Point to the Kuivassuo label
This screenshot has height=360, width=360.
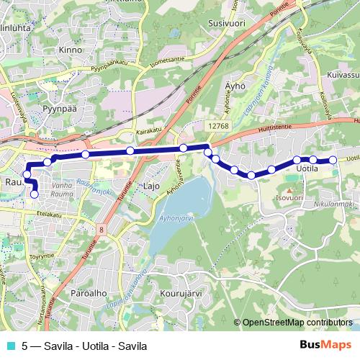click(x=341, y=74)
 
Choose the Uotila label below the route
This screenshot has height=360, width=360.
click(x=308, y=169)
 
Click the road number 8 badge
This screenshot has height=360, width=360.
click(x=102, y=230)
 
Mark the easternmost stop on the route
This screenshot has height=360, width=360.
click(x=333, y=160)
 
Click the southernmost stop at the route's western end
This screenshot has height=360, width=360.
click(x=34, y=193)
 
